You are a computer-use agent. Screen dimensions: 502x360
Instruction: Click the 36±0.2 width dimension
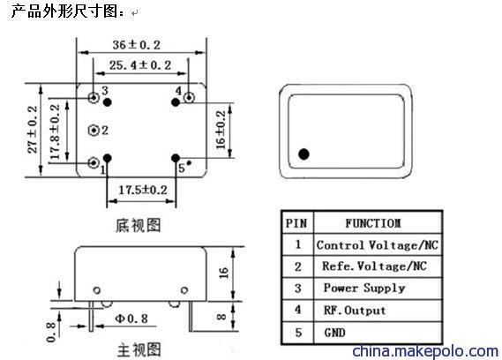point(136,45)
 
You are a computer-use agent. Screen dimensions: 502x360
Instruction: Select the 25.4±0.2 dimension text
point(140,65)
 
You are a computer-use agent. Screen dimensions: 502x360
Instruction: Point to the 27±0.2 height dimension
point(33,130)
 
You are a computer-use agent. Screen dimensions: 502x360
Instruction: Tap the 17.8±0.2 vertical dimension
point(55,131)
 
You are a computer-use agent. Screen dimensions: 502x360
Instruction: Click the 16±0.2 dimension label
point(221,130)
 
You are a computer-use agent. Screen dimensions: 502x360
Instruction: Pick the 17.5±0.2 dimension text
point(143,191)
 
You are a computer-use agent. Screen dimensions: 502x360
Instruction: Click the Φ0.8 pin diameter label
point(131,319)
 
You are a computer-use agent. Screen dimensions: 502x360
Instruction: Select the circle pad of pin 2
point(94,130)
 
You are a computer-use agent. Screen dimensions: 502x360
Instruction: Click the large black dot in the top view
point(303,154)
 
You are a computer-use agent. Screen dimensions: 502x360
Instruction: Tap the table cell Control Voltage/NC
point(378,245)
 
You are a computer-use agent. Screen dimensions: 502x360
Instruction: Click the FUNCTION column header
point(373,223)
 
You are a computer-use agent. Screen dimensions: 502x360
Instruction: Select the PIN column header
point(296,223)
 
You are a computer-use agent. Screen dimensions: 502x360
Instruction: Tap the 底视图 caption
point(139,225)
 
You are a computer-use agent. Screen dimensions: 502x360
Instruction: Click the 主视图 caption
point(139,350)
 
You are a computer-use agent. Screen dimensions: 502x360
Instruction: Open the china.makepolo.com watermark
point(425,351)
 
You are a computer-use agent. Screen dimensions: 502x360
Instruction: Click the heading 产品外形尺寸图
point(64,11)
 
